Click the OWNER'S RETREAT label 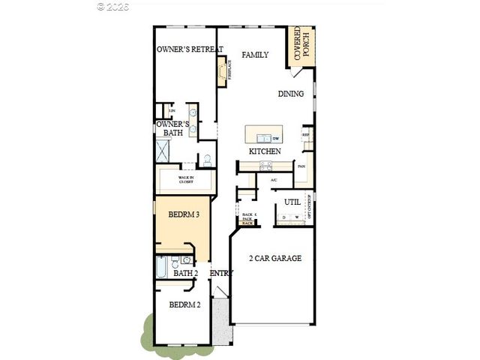point(190,49)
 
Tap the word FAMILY point(255,55)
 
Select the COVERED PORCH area point(302,46)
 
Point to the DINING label point(291,94)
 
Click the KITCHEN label point(265,151)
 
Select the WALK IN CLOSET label point(187,179)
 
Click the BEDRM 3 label point(183,214)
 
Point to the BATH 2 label point(185,273)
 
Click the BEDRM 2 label point(184,305)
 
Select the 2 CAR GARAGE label point(275,259)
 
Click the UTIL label point(292,202)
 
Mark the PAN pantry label point(301,166)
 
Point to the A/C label point(274,180)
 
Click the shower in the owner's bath point(163,150)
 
